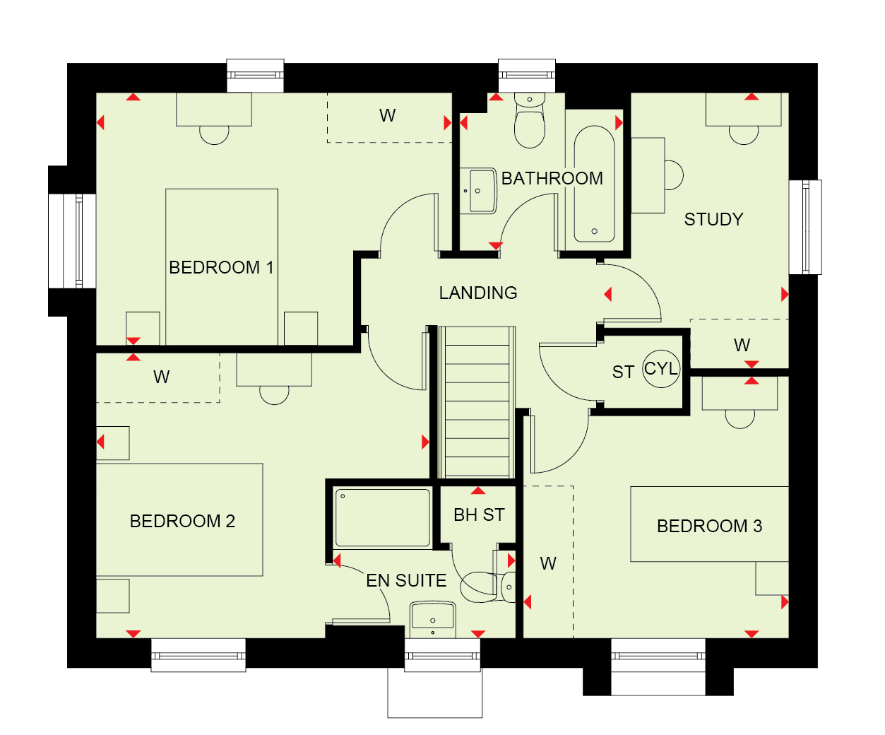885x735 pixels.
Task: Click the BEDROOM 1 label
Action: pos(221,268)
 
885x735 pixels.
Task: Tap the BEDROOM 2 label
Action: pos(182,522)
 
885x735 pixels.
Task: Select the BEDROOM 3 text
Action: pos(710,526)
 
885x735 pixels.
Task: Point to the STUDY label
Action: pos(714,219)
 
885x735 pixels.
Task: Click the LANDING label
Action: pos(478,293)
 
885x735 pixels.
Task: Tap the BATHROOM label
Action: pos(552,178)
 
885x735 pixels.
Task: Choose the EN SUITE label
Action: pos(406,581)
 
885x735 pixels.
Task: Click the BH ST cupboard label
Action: pos(479,515)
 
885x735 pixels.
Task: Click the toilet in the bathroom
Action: pos(530,120)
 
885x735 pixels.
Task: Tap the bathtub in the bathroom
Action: pos(594,184)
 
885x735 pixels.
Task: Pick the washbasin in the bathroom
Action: pos(479,191)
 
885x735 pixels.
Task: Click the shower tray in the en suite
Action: pos(382,518)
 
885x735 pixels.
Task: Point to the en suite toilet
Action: pos(488,587)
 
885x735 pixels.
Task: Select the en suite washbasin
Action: pos(433,619)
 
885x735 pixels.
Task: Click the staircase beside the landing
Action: pos(477,403)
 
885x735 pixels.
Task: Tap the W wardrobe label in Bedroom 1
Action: pos(387,115)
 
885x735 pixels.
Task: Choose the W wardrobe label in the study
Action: pos(742,345)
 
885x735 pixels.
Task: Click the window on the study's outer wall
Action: pos(805,228)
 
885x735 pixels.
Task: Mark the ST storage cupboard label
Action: pos(623,372)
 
